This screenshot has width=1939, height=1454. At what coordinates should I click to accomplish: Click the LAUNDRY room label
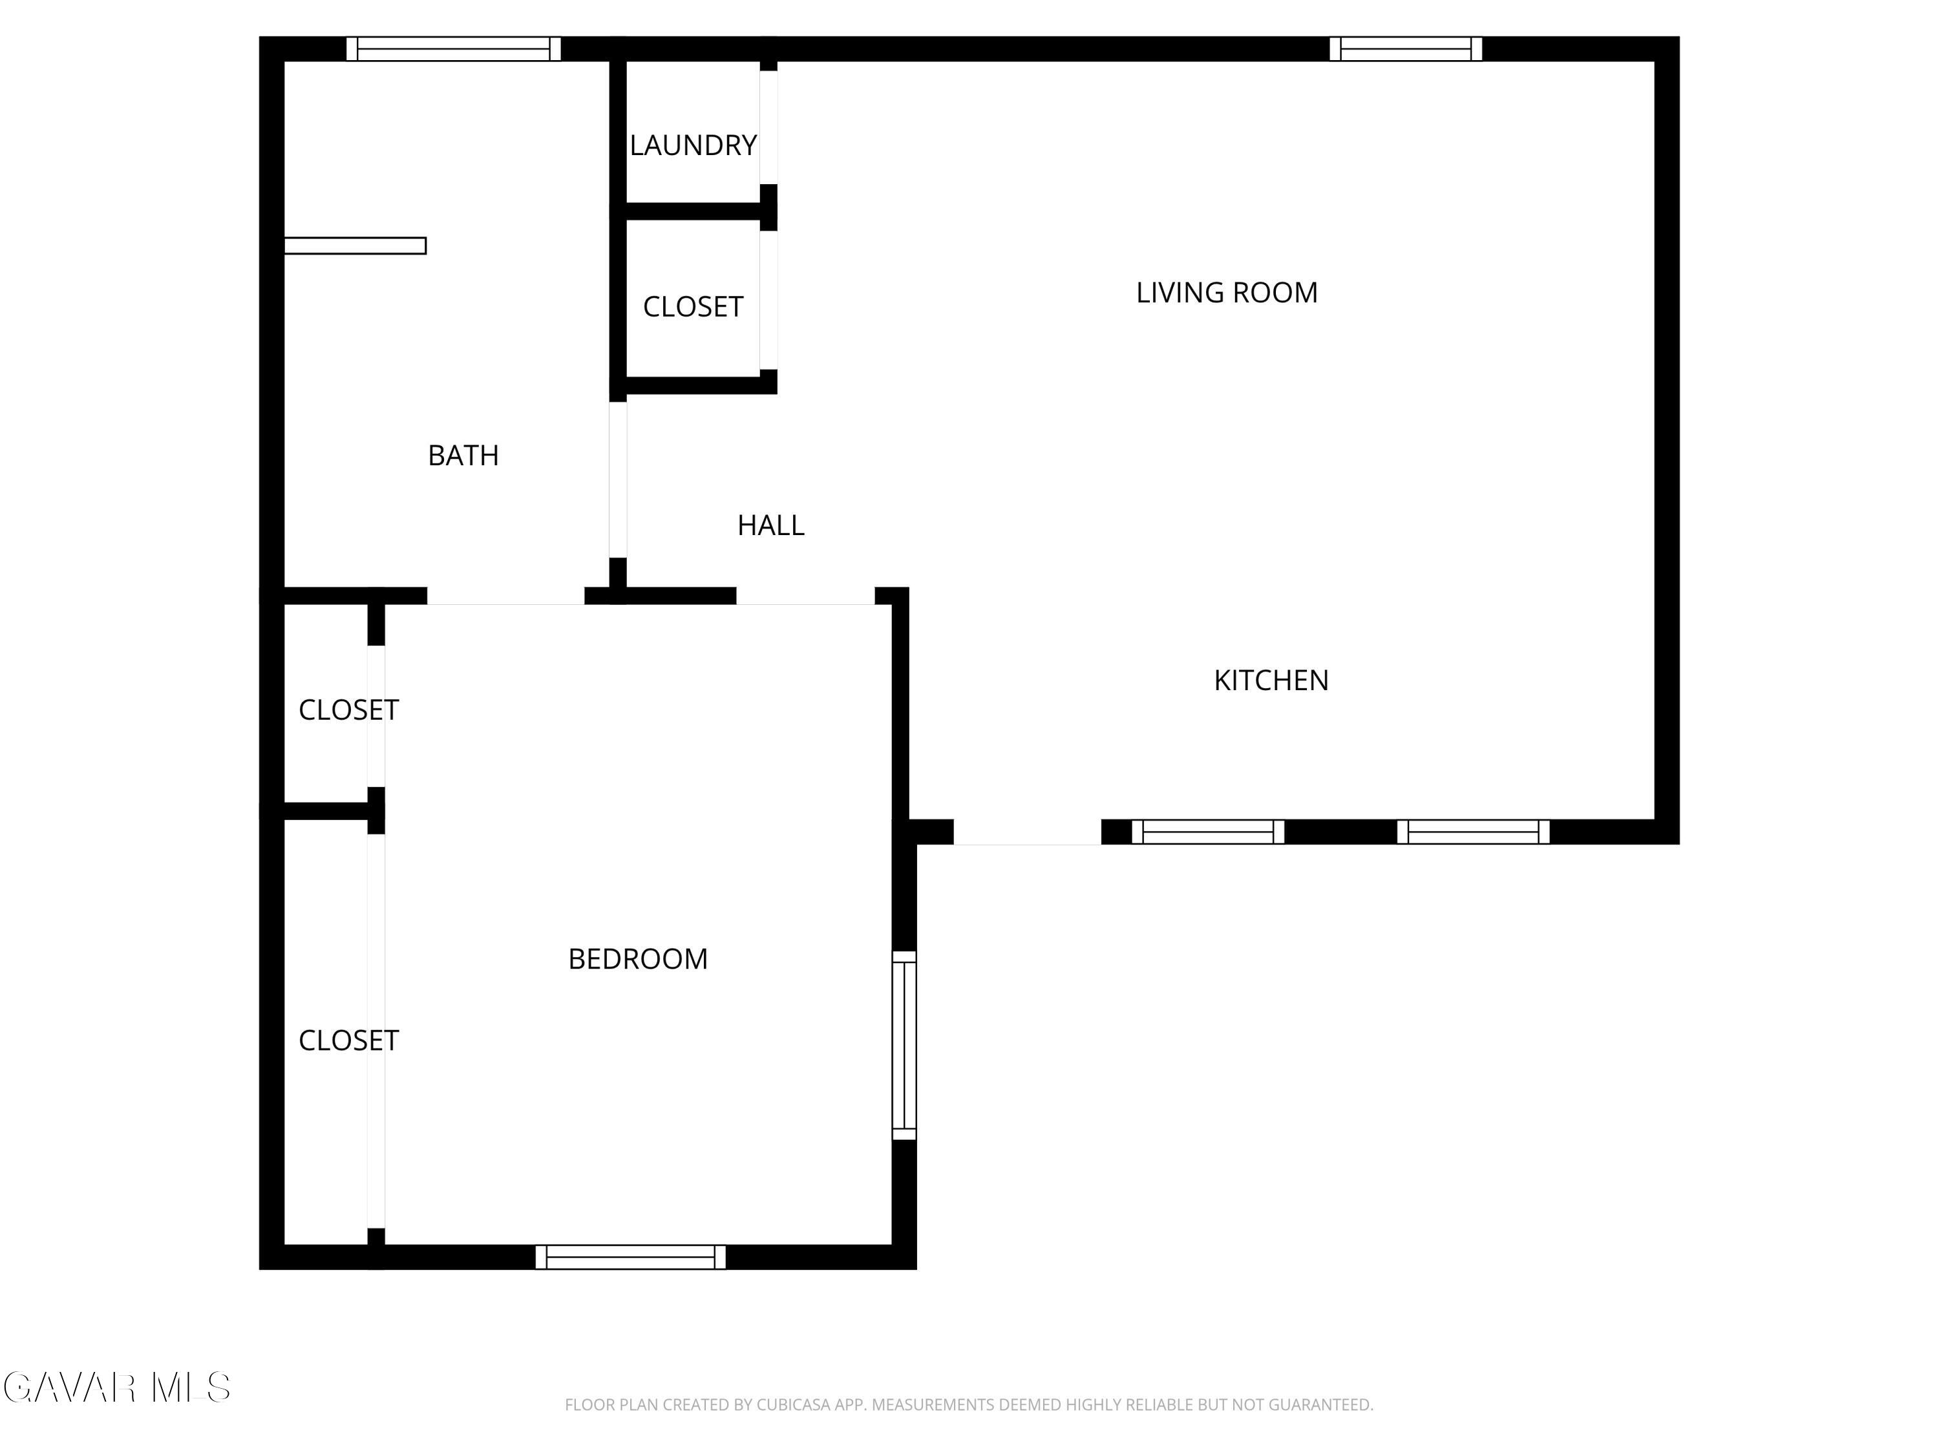pyautogui.click(x=692, y=145)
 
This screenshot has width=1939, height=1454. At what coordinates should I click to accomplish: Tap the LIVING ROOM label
pyautogui.click(x=1226, y=293)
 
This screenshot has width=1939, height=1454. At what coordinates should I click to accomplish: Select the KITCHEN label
pyautogui.click(x=1271, y=680)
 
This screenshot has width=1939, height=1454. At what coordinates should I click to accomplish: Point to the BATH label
pyautogui.click(x=463, y=456)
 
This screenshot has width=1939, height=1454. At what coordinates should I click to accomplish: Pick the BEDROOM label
pyautogui.click(x=637, y=959)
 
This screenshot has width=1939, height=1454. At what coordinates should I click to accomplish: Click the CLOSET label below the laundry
pyautogui.click(x=692, y=307)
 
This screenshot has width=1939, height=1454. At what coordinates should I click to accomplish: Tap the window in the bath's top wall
pyautogui.click(x=453, y=49)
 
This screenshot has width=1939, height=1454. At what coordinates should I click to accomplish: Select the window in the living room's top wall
pyautogui.click(x=1405, y=49)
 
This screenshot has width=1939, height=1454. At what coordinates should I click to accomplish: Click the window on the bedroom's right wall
pyautogui.click(x=904, y=1046)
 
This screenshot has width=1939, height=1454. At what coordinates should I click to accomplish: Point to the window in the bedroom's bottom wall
pyautogui.click(x=630, y=1257)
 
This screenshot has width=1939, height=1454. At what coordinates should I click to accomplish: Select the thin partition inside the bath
pyautogui.click(x=355, y=246)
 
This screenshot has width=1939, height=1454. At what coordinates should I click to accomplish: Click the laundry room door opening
pyautogui.click(x=768, y=127)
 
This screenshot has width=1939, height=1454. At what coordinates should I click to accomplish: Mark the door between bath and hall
pyautogui.click(x=618, y=479)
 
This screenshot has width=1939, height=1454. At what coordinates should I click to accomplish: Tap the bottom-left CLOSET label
pyautogui.click(x=348, y=1040)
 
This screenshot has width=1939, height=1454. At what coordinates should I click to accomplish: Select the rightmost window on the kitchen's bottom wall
pyautogui.click(x=1472, y=832)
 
